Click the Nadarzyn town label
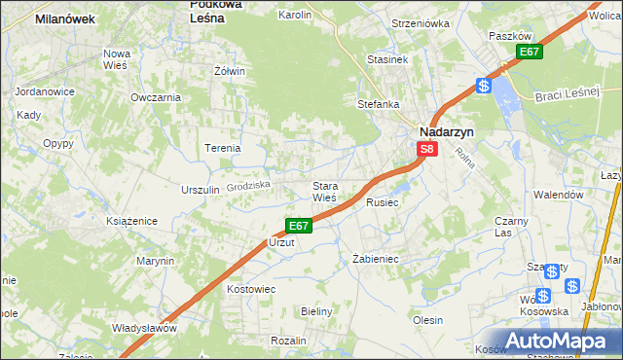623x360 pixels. click(x=447, y=130)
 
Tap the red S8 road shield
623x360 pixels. click(x=427, y=149)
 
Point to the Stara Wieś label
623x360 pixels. click(x=323, y=192)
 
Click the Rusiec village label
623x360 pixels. click(x=383, y=202)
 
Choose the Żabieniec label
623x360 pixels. click(x=376, y=259)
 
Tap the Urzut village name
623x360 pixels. click(x=281, y=241)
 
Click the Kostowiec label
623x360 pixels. click(x=251, y=289)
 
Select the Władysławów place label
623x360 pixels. click(x=144, y=328)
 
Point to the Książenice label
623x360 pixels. click(x=132, y=222)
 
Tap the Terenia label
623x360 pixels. click(x=222, y=148)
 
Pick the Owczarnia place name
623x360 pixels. click(x=156, y=97)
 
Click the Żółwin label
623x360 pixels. click(x=229, y=71)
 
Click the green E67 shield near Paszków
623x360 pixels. click(x=529, y=52)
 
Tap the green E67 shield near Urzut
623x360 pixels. click(x=299, y=226)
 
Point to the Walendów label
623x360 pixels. click(x=558, y=195)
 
